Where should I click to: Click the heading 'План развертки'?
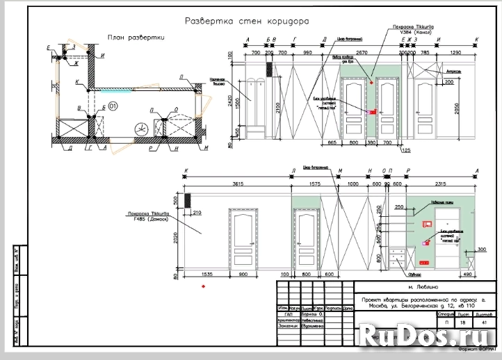[135, 38]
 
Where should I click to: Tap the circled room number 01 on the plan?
[113, 106]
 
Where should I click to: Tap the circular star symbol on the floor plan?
[142, 128]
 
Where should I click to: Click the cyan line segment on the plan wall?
[110, 90]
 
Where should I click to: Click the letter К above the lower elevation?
[186, 171]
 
